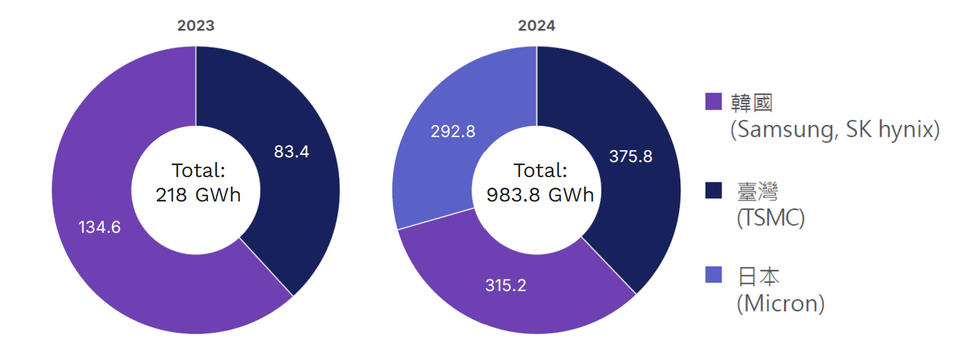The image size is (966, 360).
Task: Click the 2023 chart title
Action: tap(196, 26)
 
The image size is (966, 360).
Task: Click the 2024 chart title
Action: tap(536, 26)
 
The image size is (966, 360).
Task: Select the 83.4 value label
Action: tap(291, 151)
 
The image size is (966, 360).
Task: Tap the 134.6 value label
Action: tap(100, 227)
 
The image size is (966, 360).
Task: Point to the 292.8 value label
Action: tap(453, 131)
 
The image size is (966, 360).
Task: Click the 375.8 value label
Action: tap(630, 156)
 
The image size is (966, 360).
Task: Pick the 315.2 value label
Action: tap(506, 285)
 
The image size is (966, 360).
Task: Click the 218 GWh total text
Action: tap(198, 195)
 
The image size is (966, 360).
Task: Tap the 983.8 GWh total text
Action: tap(540, 195)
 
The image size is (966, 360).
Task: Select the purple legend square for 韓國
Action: tap(713, 101)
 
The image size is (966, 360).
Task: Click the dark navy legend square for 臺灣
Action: tap(713, 190)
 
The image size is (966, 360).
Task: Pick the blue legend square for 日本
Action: tap(713, 275)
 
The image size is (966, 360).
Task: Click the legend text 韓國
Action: tap(751, 103)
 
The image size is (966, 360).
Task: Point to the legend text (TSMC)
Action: tap(770, 218)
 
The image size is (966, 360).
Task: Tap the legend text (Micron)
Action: tap(781, 303)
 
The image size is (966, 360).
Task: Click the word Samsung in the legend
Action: tap(786, 129)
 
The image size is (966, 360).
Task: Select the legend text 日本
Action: tap(758, 277)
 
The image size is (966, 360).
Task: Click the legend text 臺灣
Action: tap(757, 191)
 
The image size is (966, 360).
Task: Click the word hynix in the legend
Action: tap(909, 129)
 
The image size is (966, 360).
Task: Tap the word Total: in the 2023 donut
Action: tap(199, 170)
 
